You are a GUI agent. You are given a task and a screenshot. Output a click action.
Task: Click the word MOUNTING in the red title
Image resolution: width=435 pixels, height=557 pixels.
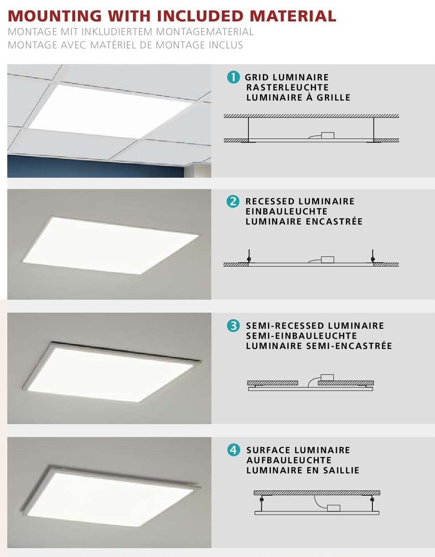55,16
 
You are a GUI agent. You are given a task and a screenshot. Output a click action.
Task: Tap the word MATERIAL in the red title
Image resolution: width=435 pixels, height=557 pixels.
293,16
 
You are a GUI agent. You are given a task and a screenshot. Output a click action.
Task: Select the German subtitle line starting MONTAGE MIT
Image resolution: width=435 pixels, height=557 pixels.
130,32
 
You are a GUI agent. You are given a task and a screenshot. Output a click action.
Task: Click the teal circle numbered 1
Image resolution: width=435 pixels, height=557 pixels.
233,77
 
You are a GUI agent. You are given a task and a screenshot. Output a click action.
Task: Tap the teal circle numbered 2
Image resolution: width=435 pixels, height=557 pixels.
233,201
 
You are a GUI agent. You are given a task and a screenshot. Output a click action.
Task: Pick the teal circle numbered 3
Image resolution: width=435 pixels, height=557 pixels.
233,326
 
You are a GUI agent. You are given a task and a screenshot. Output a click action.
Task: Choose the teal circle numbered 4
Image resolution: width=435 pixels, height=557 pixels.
233,450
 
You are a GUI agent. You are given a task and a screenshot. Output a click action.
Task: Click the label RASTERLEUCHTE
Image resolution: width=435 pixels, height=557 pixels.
287,87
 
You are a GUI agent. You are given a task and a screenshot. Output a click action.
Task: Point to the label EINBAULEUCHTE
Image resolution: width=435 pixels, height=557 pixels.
286,211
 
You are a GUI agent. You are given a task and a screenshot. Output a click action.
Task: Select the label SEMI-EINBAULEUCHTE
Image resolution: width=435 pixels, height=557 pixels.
301,336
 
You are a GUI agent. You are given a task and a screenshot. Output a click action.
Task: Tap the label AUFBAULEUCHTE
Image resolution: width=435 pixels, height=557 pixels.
289,460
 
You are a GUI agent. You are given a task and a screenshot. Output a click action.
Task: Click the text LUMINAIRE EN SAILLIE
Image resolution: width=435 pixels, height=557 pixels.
303,470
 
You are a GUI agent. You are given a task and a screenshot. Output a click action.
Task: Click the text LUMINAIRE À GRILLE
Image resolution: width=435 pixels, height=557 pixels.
298,97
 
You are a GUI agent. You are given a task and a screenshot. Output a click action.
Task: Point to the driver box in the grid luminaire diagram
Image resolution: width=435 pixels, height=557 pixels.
328,135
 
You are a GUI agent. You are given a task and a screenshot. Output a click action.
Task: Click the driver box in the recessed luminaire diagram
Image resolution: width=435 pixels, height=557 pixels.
327,260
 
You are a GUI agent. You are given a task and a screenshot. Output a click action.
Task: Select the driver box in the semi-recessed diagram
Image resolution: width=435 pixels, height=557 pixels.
327,378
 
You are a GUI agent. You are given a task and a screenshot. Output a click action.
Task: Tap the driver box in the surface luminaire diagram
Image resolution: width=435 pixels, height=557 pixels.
334,508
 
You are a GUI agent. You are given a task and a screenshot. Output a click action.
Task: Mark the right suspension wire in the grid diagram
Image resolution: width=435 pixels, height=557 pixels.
374,128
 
